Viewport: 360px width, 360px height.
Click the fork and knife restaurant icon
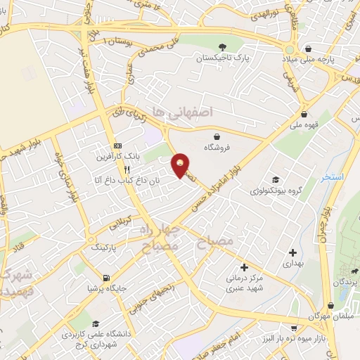[127, 169]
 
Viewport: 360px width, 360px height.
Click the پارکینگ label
[105, 248]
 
